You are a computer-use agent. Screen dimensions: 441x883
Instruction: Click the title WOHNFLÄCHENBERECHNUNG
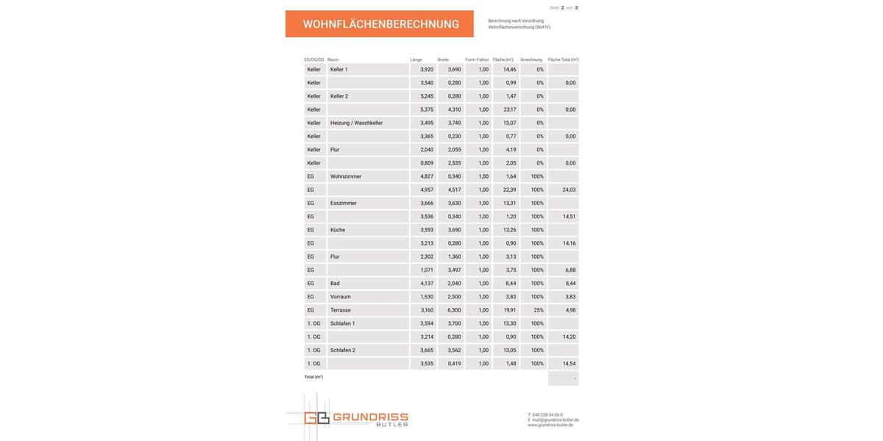point(380,24)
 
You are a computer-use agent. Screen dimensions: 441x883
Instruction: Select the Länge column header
point(416,60)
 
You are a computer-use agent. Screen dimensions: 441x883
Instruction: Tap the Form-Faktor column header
point(477,60)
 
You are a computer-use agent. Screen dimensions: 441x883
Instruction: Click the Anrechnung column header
point(531,60)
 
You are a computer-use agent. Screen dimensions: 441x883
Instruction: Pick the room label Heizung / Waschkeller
point(356,123)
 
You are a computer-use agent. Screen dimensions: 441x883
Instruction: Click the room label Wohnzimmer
point(346,176)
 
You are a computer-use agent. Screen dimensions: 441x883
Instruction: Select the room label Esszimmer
point(343,203)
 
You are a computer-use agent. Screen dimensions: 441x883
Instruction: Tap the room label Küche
point(338,230)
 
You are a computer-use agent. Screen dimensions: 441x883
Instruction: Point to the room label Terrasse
point(341,310)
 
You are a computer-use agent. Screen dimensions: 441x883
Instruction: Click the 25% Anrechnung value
point(539,310)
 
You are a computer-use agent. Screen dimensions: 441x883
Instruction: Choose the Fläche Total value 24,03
point(569,190)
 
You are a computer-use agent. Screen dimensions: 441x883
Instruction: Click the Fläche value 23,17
point(510,110)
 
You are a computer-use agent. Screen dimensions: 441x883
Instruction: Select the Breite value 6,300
point(454,310)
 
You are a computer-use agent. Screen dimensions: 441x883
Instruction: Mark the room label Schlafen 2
point(343,351)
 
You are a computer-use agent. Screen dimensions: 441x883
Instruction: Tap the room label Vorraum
point(341,297)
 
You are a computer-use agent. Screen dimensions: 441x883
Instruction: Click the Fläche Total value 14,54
point(569,364)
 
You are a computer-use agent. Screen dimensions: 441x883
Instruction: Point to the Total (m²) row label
point(313,377)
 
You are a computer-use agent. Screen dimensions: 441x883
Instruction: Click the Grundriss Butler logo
point(347,419)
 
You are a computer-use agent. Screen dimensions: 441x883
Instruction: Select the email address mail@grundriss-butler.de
point(555,420)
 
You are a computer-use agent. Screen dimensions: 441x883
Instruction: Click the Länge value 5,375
point(427,110)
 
